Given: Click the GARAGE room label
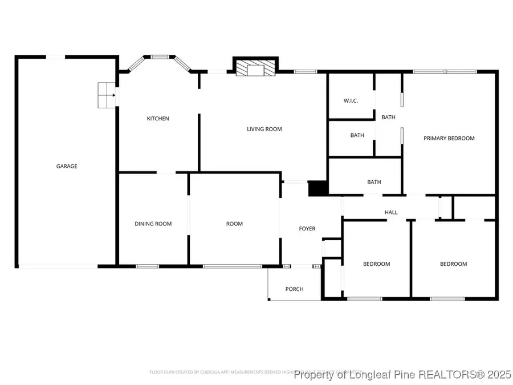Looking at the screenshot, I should (x=67, y=167).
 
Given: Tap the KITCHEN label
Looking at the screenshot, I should (x=158, y=119).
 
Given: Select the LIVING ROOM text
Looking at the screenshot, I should (x=264, y=129).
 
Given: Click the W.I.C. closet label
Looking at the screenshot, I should (x=351, y=101).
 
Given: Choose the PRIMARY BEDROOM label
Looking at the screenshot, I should (x=449, y=138).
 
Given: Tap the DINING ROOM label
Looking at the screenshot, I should (x=153, y=224).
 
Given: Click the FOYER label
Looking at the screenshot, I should (x=307, y=229).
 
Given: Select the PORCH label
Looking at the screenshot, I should (x=294, y=289).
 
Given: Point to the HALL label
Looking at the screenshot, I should (x=391, y=212).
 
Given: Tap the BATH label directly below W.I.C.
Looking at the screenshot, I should (x=357, y=135).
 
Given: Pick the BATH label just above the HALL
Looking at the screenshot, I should (x=374, y=183).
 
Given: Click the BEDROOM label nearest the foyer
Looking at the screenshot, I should (x=377, y=264).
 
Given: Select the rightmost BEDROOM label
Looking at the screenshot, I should (x=453, y=264).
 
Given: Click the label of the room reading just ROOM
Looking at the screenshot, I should (x=234, y=224).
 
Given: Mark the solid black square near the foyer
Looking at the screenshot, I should (x=316, y=189).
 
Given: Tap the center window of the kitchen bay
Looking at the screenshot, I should (x=160, y=57).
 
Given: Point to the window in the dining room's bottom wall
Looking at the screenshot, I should (x=147, y=266).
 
